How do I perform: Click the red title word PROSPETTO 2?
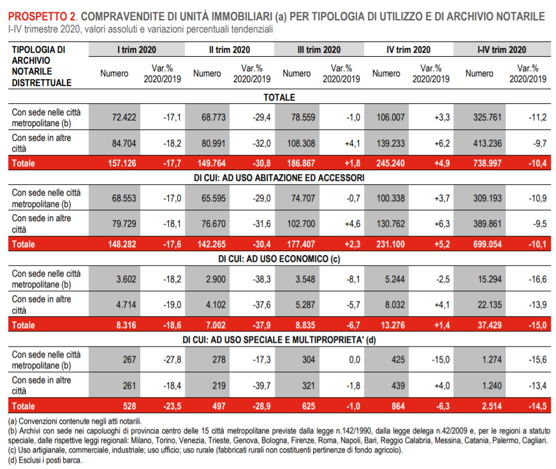tap(43, 17)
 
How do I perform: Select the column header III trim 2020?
tap(319, 50)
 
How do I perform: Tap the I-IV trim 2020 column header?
tap(502, 50)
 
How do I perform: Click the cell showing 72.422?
tap(124, 117)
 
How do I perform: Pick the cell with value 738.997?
tap(487, 163)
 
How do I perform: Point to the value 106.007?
tap(390, 117)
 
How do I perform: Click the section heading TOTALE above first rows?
tap(279, 97)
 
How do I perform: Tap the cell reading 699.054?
tap(487, 244)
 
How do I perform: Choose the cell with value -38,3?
tap(261, 279)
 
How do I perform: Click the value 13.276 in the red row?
tap(393, 325)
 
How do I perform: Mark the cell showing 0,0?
tap(355, 360)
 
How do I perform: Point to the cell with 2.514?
tap(492, 407)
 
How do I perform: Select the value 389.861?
tap(487, 224)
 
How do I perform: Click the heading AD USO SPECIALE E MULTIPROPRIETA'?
tap(279, 340)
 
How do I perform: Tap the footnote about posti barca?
tap(45, 460)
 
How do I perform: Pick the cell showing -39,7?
tap(261, 386)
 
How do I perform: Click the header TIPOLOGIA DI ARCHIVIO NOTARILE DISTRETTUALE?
tap(41, 66)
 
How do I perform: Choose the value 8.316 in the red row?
tap(126, 325)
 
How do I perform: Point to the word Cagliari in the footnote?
tap(536, 440)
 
